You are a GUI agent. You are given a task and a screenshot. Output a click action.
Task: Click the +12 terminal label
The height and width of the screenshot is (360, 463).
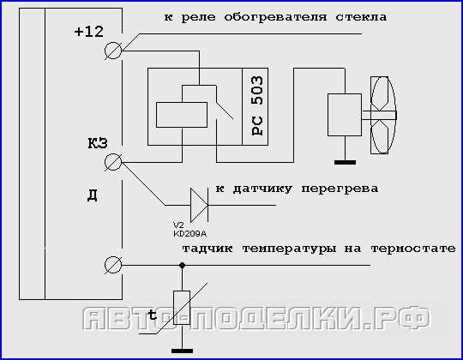[x=89, y=32]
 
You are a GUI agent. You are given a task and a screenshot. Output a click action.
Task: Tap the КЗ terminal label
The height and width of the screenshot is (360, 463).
[x=98, y=143]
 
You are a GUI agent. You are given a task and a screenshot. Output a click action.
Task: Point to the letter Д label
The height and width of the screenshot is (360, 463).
[x=93, y=195]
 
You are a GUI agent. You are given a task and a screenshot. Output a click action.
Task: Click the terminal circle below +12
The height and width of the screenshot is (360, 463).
[x=113, y=51]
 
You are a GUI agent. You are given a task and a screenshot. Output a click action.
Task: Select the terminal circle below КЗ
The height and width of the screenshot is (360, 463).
[x=113, y=162]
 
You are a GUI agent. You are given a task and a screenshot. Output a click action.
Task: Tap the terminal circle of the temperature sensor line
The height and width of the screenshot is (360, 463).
[x=113, y=265]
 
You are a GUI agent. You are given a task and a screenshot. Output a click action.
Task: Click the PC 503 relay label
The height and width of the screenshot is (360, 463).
[x=256, y=105]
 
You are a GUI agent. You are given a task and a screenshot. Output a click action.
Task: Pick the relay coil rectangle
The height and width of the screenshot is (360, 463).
[x=182, y=115]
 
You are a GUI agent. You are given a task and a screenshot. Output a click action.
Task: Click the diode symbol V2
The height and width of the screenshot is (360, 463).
[x=199, y=205]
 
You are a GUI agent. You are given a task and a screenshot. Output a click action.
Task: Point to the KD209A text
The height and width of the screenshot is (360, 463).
[x=189, y=234]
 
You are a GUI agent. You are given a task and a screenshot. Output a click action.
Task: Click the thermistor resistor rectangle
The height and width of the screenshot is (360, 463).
[x=182, y=308]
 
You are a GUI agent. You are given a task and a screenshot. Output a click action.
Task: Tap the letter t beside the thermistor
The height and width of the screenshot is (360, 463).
[x=153, y=315]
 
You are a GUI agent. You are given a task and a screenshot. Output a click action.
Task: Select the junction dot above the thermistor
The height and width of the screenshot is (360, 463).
[x=182, y=265]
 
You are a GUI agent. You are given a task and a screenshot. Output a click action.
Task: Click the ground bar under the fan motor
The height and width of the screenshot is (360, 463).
[x=345, y=162]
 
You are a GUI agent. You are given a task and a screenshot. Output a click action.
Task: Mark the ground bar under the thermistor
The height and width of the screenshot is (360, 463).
[x=182, y=351]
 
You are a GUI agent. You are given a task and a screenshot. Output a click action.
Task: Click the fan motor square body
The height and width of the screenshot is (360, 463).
[x=345, y=115]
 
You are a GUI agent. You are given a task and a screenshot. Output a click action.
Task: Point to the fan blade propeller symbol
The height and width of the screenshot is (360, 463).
[x=383, y=115]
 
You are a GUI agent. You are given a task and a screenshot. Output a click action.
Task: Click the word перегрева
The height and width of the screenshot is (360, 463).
[x=340, y=189]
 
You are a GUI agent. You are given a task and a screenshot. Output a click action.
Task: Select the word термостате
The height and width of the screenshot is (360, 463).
[x=413, y=249]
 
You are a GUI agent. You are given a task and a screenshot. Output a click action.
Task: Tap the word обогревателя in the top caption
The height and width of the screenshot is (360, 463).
[x=275, y=17]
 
